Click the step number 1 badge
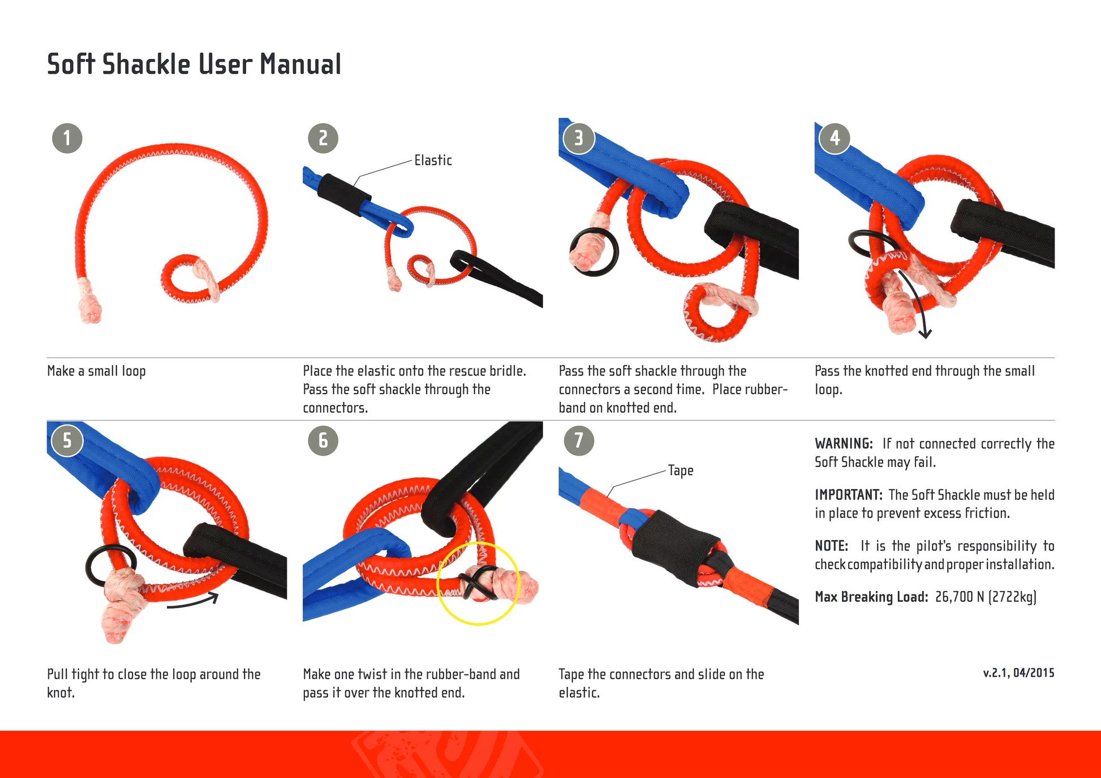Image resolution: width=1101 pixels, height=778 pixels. (x=67, y=138)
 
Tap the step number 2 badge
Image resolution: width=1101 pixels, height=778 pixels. (x=323, y=138)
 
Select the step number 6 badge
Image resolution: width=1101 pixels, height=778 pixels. (x=323, y=441)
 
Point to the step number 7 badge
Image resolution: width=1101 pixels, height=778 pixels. (x=579, y=441)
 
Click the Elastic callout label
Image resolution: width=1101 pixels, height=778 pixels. (x=433, y=160)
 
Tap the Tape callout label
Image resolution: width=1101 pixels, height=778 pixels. (x=680, y=471)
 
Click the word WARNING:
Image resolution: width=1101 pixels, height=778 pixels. (x=844, y=443)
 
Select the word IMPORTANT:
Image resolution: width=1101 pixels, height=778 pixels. (x=849, y=495)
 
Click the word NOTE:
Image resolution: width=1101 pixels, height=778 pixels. (x=831, y=546)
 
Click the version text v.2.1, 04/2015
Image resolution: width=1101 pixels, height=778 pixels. (x=1018, y=673)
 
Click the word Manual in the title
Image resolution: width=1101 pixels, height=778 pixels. (x=300, y=64)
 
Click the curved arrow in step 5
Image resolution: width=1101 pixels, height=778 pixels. (x=193, y=602)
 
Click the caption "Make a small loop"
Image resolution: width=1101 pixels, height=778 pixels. (x=96, y=371)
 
